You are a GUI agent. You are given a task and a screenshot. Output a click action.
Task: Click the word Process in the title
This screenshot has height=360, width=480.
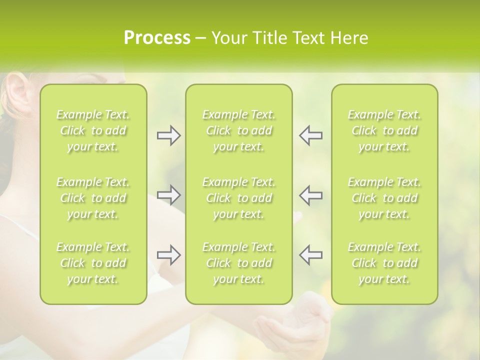(157, 38)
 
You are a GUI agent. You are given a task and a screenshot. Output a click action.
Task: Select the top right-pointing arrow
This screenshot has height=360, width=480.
(169, 135)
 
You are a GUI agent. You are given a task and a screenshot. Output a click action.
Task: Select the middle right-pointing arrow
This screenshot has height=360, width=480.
(169, 195)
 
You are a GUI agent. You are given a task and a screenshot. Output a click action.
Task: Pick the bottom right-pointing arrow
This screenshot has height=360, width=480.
(169, 255)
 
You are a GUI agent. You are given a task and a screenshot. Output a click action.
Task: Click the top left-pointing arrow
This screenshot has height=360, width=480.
(310, 135)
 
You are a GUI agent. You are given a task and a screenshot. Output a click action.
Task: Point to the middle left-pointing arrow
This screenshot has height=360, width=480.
(310, 195)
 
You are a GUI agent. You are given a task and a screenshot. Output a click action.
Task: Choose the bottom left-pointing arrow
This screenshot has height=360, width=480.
(310, 255)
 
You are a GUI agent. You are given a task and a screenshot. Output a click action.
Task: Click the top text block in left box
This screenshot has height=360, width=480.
(93, 130)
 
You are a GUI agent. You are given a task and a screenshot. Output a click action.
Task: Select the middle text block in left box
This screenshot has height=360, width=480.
(93, 198)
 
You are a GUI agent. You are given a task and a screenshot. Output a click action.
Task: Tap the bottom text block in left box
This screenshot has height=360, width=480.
(93, 263)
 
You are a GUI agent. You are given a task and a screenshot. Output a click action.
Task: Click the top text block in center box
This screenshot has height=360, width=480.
(238, 130)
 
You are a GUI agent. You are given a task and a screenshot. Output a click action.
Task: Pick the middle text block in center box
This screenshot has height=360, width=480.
(238, 198)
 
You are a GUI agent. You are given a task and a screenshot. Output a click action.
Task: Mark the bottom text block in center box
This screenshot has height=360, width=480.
(238, 263)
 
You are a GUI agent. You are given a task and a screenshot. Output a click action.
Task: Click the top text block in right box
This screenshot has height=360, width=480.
(384, 130)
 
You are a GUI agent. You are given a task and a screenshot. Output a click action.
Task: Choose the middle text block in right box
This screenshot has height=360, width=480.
(384, 198)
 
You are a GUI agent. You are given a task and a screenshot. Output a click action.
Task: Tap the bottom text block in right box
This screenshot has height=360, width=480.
(384, 263)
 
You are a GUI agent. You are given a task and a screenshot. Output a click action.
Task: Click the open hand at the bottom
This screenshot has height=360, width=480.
(295, 325)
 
